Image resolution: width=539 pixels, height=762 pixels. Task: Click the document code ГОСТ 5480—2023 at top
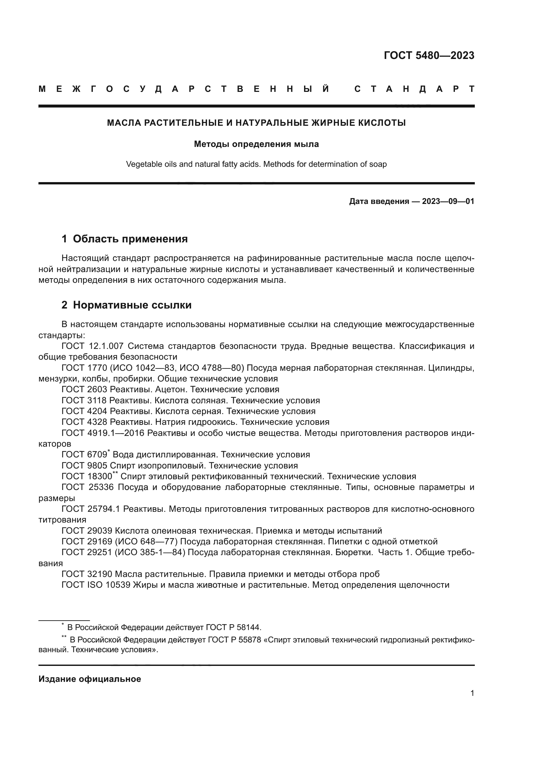pos(429,55)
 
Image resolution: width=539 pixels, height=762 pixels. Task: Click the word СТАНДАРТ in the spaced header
pos(414,89)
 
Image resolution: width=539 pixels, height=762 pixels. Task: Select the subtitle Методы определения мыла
pos(256,144)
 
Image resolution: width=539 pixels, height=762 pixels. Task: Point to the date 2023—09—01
pos(448,201)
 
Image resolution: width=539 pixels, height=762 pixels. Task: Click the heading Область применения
pos(130,239)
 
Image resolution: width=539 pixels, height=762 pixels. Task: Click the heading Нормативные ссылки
pos(132,305)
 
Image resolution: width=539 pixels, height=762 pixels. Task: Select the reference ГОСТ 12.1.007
pos(93,346)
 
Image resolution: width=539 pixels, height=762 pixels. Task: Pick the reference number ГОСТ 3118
pos(84,401)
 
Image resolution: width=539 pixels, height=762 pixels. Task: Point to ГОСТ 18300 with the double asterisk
pos(87,477)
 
